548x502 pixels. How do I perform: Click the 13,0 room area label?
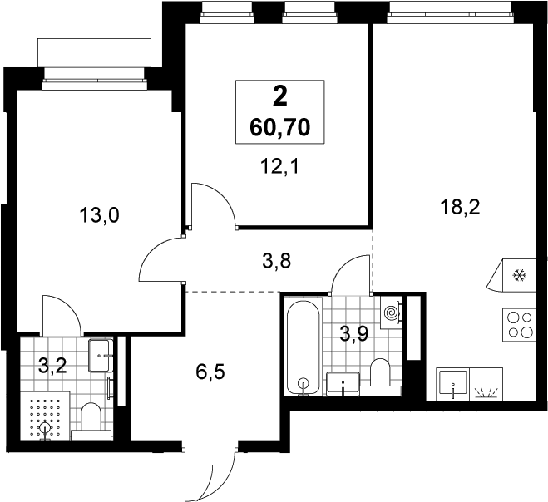[100, 215]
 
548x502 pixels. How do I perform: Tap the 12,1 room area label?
[280, 166]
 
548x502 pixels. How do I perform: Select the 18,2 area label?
[461, 208]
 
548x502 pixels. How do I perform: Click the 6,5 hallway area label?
[210, 372]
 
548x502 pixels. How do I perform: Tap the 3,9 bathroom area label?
[353, 334]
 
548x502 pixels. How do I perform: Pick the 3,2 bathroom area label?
[52, 366]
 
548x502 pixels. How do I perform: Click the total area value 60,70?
[280, 127]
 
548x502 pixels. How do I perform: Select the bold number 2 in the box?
[280, 96]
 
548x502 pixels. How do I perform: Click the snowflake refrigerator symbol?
[520, 276]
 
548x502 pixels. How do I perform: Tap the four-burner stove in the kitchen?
[519, 325]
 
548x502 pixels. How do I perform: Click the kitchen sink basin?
[453, 384]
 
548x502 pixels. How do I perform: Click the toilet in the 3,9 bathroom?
[380, 377]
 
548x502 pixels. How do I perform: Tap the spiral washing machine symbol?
[391, 312]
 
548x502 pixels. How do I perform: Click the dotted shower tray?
[45, 416]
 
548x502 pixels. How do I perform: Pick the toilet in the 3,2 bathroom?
[91, 421]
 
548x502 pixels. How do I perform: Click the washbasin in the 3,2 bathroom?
[101, 356]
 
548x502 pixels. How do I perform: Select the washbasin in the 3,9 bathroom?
[343, 384]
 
